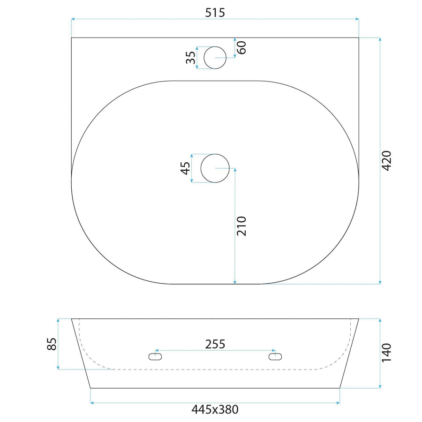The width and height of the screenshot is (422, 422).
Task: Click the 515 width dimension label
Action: (215, 12)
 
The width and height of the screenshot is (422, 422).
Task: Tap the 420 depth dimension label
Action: (386, 161)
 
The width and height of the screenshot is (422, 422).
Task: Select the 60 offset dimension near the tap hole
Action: (241, 48)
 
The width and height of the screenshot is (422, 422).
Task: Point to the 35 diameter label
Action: (191, 57)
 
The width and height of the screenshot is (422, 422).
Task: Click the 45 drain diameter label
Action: (185, 168)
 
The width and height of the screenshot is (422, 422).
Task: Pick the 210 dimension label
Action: (241, 226)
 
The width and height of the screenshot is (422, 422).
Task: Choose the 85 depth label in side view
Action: (52, 344)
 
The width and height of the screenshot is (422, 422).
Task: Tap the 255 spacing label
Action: (215, 344)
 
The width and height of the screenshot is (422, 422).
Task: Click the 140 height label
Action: (386, 353)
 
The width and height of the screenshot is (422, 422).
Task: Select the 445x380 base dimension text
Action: (215, 410)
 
